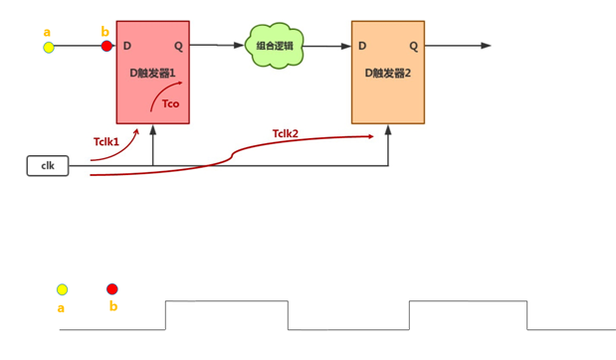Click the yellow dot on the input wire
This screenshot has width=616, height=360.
pos(48,47)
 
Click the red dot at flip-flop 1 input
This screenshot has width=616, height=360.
pos(106,46)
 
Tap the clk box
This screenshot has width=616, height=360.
pos(48,165)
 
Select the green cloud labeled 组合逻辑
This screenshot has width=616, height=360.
pos(275,46)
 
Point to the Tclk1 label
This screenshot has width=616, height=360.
pos(105,141)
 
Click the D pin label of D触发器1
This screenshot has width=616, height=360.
pos(126,46)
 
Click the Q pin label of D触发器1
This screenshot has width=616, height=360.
pos(178,46)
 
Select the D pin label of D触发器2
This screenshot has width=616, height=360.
pos(362,46)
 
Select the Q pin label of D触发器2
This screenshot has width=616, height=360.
pos(414,46)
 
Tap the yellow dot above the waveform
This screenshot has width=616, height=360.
pos(62,289)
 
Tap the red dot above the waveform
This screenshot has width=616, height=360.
pos(111,289)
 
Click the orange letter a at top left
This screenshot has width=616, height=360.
pos(47,33)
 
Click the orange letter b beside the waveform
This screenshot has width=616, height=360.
pos(112,306)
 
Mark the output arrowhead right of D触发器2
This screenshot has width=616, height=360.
pos(486,46)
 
